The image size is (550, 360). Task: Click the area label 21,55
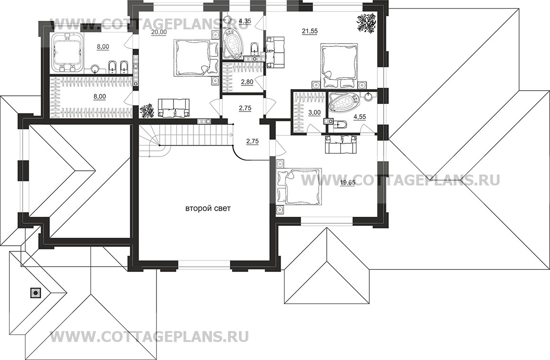[310, 31]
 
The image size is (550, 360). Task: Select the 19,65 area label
[347, 182]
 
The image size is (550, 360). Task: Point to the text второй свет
[208, 209]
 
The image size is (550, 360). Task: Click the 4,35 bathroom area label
[245, 21]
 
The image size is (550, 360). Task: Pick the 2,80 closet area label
[247, 82]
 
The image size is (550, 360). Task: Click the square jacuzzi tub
[67, 51]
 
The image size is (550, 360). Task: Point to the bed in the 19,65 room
[299, 186]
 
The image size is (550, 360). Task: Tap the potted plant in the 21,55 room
[367, 23]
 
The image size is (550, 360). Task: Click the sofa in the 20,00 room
[174, 107]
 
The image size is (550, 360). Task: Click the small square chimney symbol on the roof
[35, 292]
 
